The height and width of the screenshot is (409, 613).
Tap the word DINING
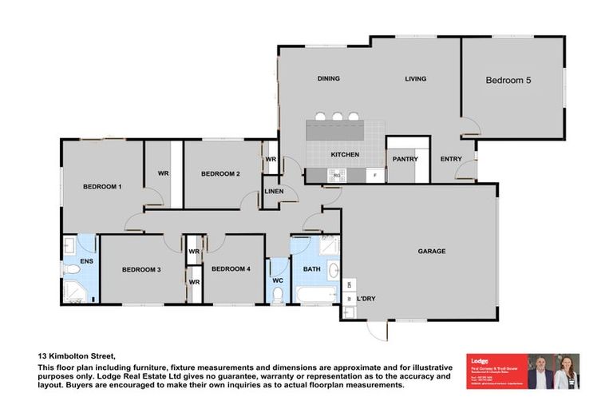328,78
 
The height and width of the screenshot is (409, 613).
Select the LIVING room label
415,78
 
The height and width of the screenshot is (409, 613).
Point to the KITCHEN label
345,154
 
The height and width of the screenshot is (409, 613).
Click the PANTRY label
405,159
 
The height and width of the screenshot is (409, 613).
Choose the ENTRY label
451,159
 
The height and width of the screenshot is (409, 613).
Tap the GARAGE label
431,251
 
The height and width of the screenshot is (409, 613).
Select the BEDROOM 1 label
102,187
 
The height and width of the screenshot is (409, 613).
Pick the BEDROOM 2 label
220,173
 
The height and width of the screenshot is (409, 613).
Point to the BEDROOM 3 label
141,270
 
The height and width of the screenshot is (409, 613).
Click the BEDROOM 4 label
231,269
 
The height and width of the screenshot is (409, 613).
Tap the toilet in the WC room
278,295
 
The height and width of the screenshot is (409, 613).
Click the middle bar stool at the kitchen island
337,117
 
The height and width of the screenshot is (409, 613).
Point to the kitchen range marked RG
337,174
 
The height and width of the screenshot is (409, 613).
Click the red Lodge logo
481,362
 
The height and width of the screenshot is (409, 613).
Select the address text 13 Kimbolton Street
77,356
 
